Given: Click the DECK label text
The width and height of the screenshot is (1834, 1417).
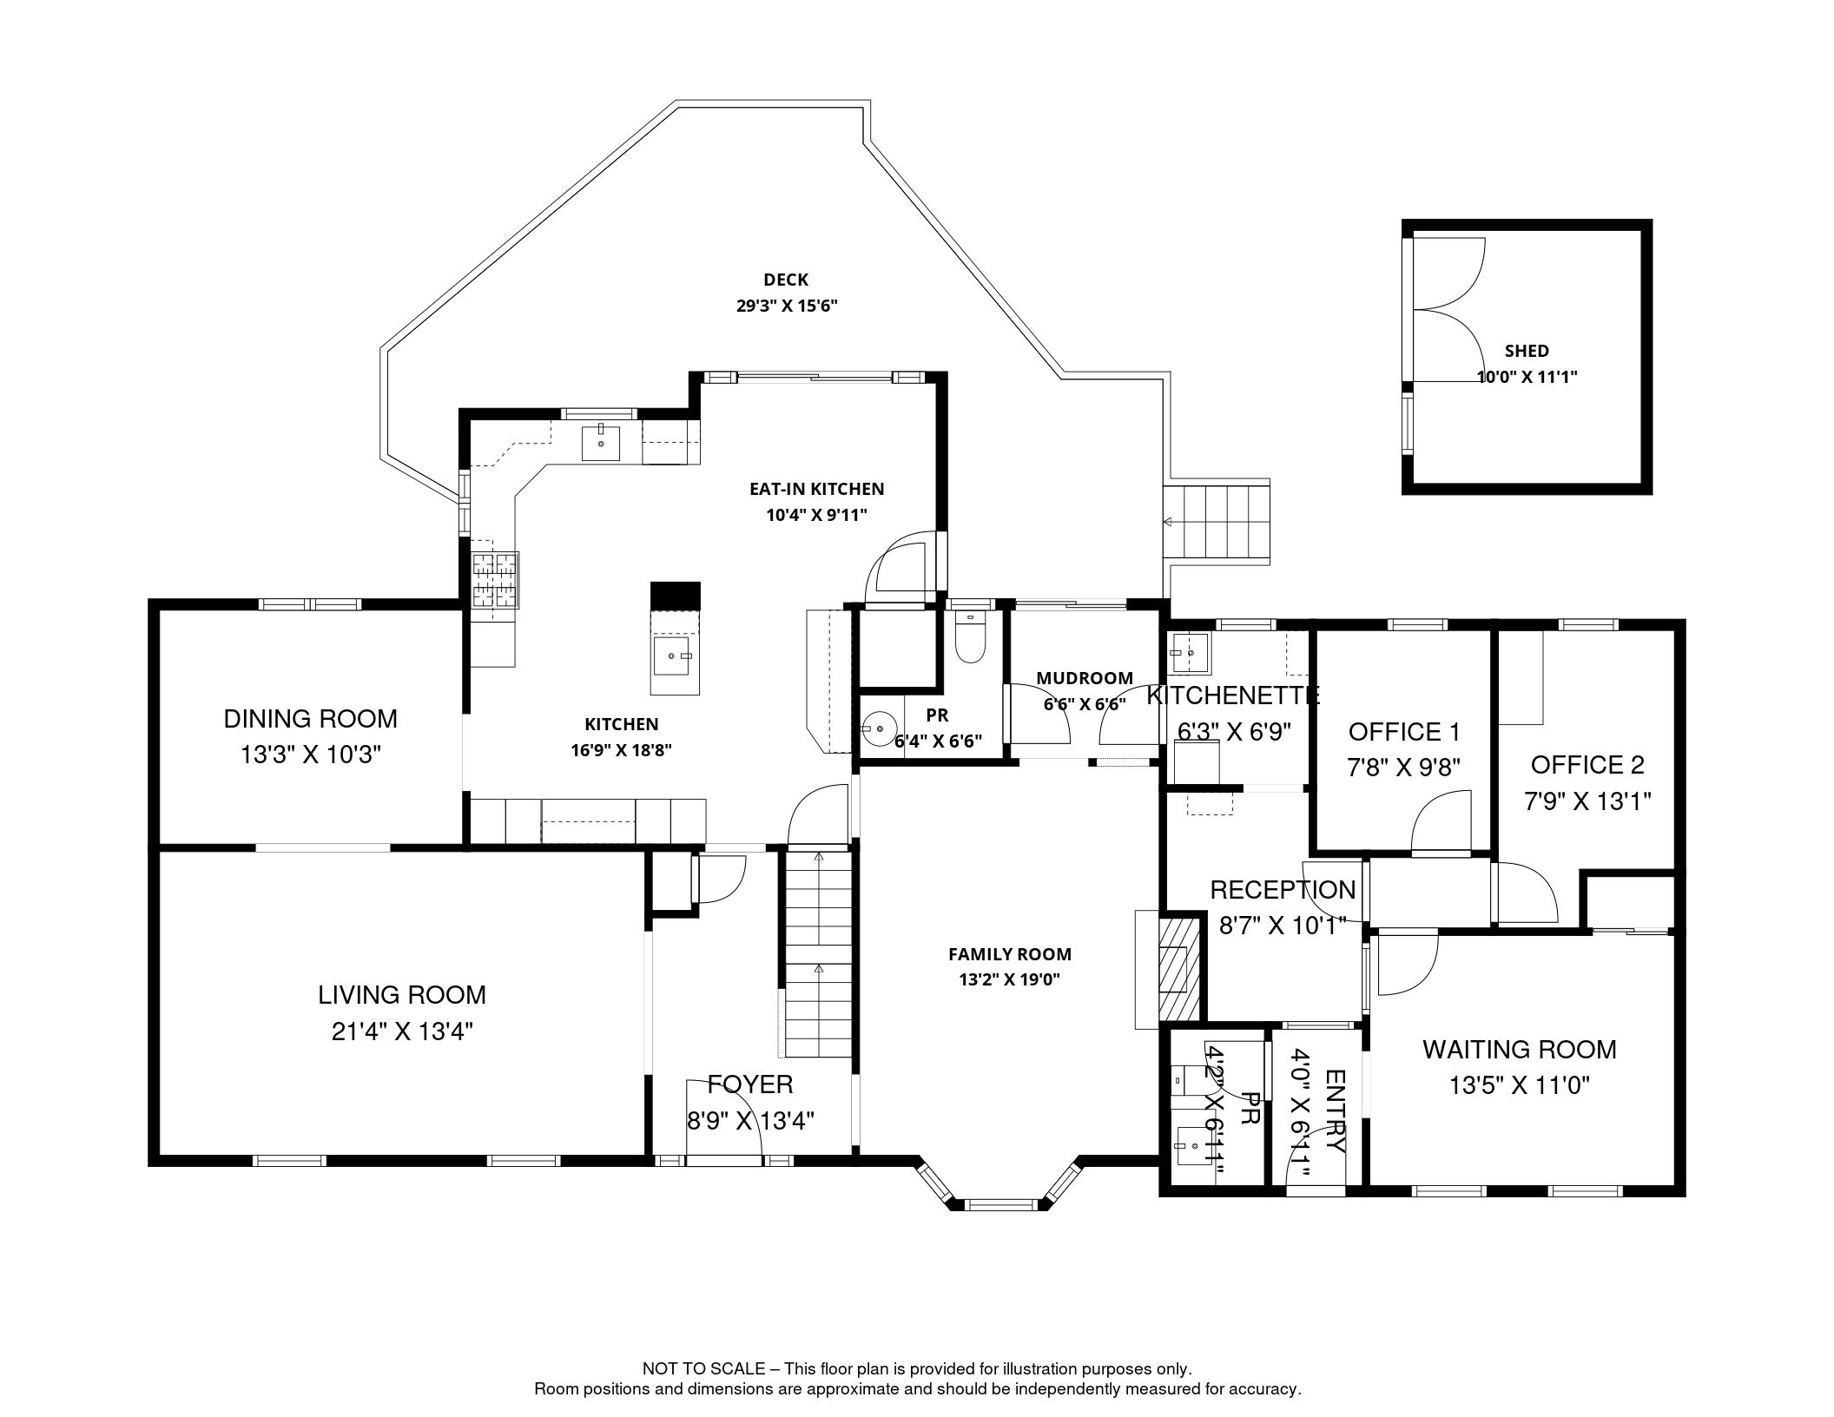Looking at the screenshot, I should (x=785, y=280).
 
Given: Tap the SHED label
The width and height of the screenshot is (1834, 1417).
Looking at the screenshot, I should (x=1526, y=351).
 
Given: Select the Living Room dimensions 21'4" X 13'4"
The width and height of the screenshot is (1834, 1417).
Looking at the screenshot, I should (x=401, y=1031).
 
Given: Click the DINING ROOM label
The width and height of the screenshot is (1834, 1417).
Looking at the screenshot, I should (x=310, y=719).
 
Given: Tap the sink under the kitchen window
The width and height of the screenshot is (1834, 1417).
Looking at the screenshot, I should (x=601, y=442).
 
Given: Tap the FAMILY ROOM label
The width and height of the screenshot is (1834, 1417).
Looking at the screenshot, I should (x=1009, y=954).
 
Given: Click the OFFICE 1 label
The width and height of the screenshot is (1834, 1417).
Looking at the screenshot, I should (x=1403, y=732).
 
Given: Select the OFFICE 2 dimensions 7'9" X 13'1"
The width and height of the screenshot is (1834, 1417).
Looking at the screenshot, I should (x=1587, y=801).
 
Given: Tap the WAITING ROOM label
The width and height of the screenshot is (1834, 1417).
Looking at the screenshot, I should (x=1519, y=1049).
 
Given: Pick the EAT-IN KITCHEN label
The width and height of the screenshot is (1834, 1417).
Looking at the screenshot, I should (x=816, y=489).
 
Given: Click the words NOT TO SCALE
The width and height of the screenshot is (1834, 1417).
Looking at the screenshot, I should (x=703, y=1368).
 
